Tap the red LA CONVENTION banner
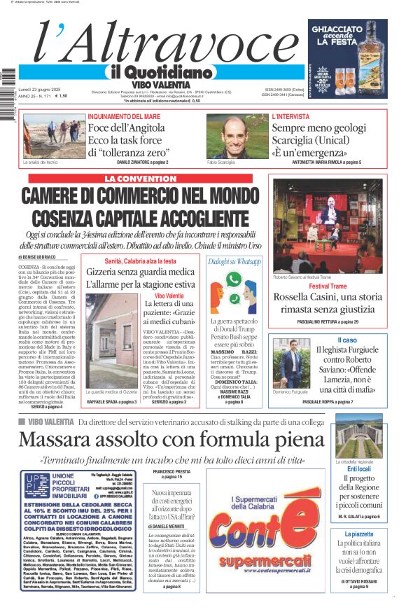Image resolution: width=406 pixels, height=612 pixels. coord(141,179)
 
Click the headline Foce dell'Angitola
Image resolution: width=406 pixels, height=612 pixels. coord(129,128)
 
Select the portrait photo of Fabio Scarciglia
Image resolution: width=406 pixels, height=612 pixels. coord(237,136)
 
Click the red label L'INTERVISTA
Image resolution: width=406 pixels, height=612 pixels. coord(290,116)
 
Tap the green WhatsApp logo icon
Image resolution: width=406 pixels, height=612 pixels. coord(253,263)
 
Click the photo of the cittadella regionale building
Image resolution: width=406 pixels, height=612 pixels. coord(359,436)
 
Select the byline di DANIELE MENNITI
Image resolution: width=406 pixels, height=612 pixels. coord(166,525)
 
